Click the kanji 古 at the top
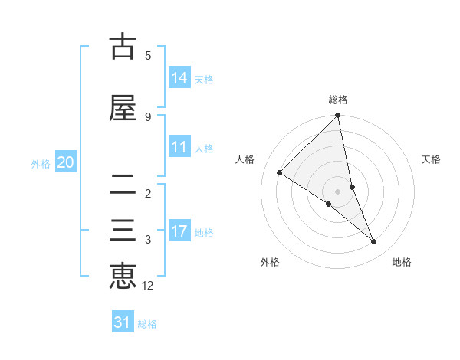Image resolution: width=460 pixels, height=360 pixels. click(x=123, y=47)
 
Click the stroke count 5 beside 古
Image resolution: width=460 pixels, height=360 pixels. click(x=148, y=55)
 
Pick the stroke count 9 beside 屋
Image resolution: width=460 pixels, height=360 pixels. click(x=148, y=116)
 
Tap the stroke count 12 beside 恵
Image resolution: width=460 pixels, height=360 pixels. click(x=148, y=286)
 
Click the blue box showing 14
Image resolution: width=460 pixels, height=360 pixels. click(x=179, y=77)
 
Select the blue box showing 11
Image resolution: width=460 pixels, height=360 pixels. click(x=179, y=147)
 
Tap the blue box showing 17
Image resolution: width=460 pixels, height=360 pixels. click(x=179, y=231)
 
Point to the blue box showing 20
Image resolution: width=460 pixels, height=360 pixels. click(x=66, y=162)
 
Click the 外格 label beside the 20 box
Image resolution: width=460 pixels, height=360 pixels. click(x=41, y=163)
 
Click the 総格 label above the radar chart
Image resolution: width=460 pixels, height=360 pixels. click(x=338, y=100)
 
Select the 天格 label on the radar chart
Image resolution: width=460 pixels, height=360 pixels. click(x=432, y=159)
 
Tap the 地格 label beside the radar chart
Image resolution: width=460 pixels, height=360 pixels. click(x=402, y=262)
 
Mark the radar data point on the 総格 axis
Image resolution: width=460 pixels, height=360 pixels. click(x=338, y=116)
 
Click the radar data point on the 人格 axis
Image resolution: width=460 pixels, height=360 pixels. click(x=280, y=172)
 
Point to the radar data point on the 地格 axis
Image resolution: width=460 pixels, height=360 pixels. click(x=374, y=242)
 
